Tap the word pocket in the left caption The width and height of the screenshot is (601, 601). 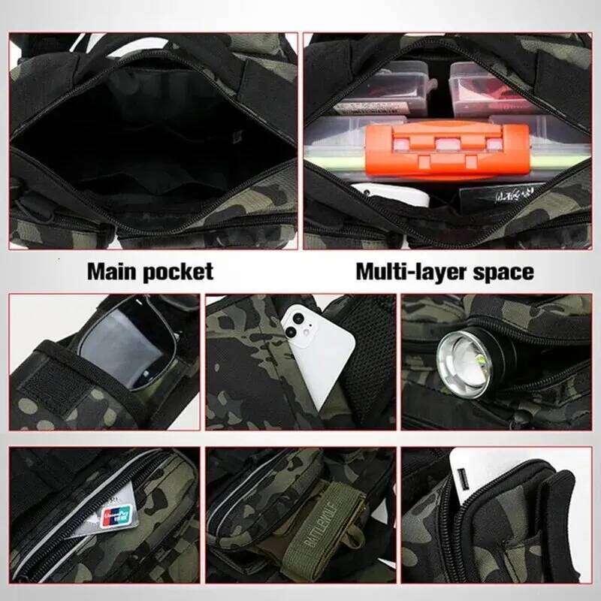[x=180, y=270]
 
